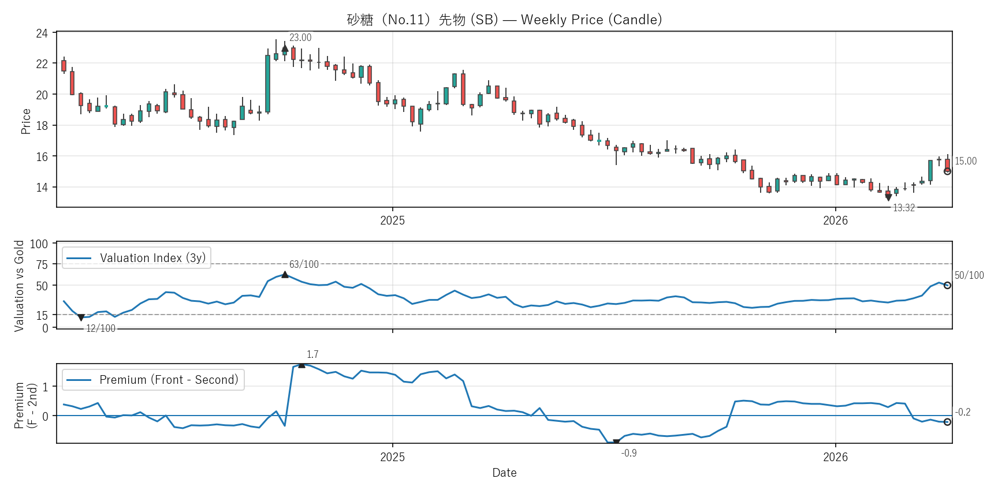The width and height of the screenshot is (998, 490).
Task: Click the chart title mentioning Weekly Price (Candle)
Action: (504, 20)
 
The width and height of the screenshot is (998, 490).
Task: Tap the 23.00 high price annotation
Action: (300, 38)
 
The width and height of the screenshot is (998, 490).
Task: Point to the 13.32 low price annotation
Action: (904, 208)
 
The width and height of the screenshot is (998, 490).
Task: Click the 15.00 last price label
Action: (966, 161)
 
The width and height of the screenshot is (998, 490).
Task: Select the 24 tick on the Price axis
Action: (42, 33)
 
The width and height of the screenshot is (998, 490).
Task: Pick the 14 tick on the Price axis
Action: (42, 187)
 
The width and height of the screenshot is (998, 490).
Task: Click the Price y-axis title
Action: (25, 121)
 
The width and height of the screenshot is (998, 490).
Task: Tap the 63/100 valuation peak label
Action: (304, 264)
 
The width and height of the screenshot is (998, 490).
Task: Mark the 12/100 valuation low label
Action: (100, 328)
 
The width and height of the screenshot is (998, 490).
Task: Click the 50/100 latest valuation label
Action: (969, 275)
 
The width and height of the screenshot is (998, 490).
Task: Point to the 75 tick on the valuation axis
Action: (42, 264)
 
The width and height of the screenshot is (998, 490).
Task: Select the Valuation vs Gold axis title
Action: (19, 286)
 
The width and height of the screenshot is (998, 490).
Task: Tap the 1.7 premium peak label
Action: (312, 354)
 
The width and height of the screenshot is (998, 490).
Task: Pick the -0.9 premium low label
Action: (629, 453)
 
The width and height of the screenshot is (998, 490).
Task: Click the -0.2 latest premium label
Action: (963, 412)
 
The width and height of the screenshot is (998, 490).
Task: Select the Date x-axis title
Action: (504, 473)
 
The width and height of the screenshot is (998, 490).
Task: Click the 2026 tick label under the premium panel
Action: (835, 457)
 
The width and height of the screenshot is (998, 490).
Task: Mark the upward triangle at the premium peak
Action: (301, 365)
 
